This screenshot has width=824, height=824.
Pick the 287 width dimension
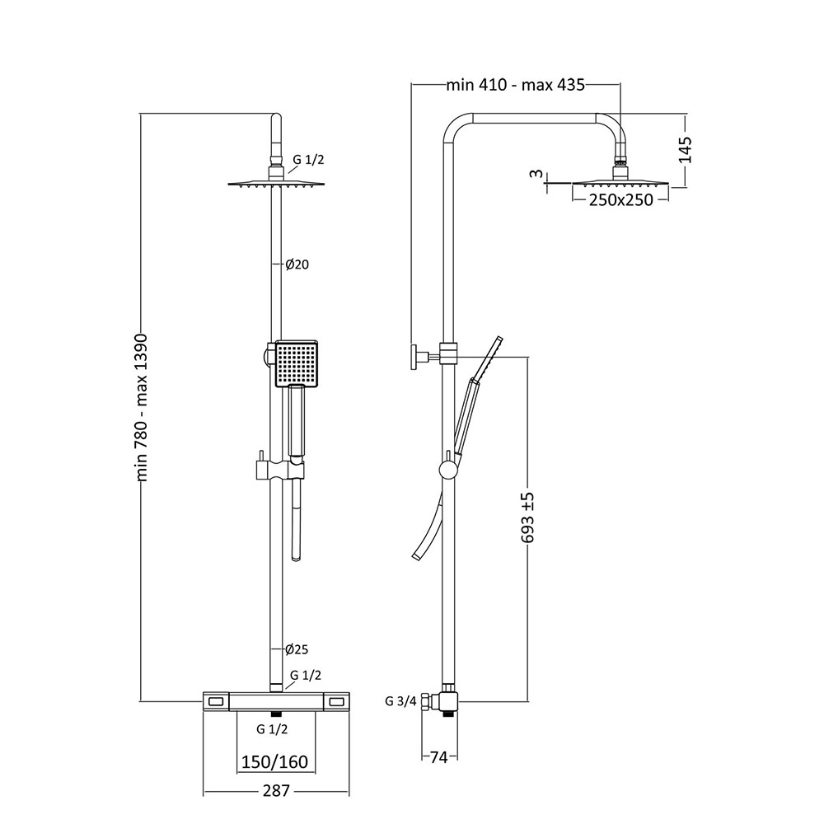click(x=276, y=791)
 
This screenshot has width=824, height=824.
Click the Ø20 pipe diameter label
click(x=297, y=265)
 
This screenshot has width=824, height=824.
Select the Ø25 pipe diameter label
click(x=297, y=648)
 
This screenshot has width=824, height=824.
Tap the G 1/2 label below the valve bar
click(x=271, y=729)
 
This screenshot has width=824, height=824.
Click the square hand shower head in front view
click(x=295, y=364)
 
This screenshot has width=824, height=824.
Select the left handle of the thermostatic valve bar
click(x=217, y=701)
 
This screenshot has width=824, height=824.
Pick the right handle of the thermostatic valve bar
click(x=337, y=701)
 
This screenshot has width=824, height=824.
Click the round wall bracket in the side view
click(x=413, y=356)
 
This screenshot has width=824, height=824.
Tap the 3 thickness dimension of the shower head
click(x=535, y=174)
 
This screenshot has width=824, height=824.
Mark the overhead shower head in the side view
click(x=620, y=183)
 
